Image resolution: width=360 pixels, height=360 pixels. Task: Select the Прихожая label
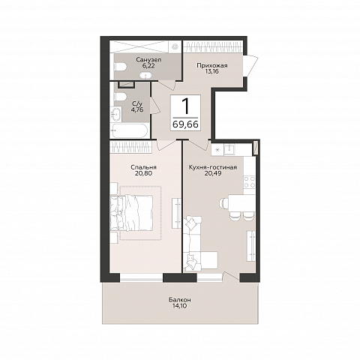(212, 66)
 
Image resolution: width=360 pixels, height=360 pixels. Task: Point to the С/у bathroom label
(137, 103)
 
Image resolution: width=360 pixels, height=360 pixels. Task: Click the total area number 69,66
(185, 124)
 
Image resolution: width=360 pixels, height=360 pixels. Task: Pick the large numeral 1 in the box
(185, 106)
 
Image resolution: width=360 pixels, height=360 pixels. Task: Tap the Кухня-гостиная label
(212, 167)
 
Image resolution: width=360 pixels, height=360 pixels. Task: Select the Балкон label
(180, 299)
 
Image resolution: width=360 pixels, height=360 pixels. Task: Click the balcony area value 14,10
(180, 306)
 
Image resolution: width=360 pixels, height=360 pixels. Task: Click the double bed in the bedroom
(131, 213)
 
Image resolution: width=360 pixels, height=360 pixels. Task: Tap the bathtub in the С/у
(129, 131)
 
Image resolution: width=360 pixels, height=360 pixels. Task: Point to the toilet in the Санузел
(120, 67)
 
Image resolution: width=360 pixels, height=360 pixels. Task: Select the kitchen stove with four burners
(249, 182)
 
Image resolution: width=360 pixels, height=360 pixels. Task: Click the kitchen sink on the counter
(229, 149)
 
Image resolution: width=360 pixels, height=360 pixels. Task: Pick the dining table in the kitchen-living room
(241, 203)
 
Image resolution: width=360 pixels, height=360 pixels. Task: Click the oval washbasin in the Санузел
(144, 75)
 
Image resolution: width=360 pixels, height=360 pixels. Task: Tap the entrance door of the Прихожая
(250, 66)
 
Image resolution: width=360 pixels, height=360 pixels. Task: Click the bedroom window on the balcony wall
(142, 277)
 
